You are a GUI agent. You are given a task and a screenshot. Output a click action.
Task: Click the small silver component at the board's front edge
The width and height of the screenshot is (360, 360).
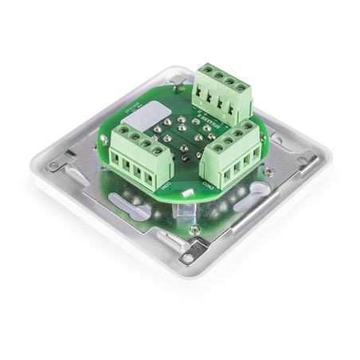[x=186, y=193]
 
